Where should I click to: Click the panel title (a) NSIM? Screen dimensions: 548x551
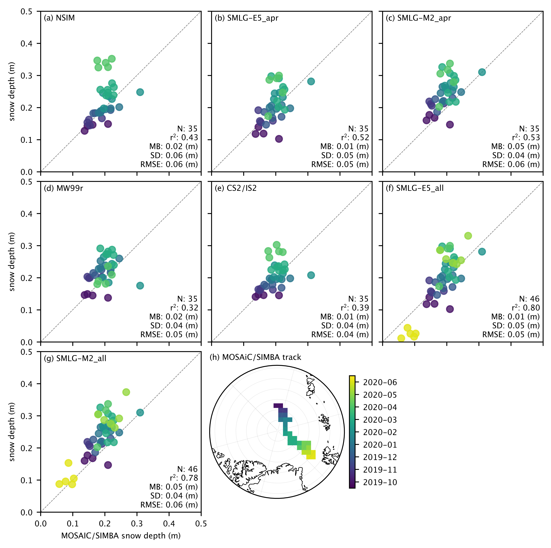[59, 18]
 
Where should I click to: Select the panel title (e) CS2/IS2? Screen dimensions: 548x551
[236, 188]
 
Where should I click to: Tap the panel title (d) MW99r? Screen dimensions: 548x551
[63, 188]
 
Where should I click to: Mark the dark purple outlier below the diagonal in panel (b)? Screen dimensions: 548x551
[279, 139]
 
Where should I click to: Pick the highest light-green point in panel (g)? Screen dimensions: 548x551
[126, 392]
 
